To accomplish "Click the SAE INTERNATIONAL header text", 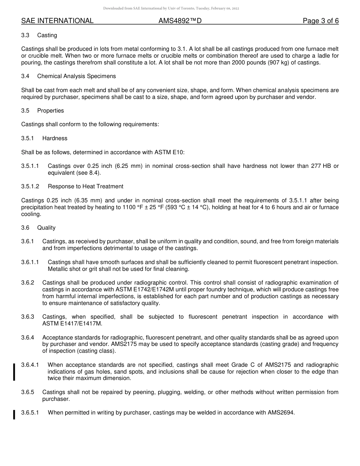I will tap(57, 21).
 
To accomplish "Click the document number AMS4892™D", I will tap(180, 21).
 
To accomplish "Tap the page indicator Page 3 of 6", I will tap(321, 21).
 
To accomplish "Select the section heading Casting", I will tap(47, 35).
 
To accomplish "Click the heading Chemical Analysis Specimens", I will tap(76, 76).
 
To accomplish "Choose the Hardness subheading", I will tap(55, 138).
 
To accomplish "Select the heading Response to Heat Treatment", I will tap(85, 186).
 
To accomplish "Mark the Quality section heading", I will tap(46, 228).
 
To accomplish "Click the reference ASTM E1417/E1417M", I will tap(72, 324).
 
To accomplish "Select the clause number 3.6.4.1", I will tap(30, 365).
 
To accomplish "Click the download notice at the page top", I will tap(171, 8).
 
